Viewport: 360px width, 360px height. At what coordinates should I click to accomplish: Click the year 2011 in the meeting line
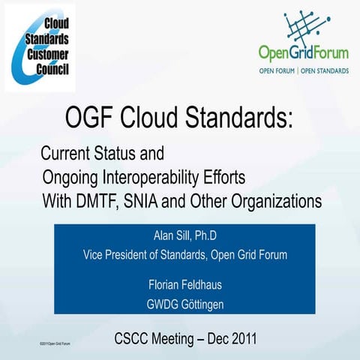(241, 339)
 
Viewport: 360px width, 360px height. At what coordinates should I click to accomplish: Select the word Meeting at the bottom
(172, 339)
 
